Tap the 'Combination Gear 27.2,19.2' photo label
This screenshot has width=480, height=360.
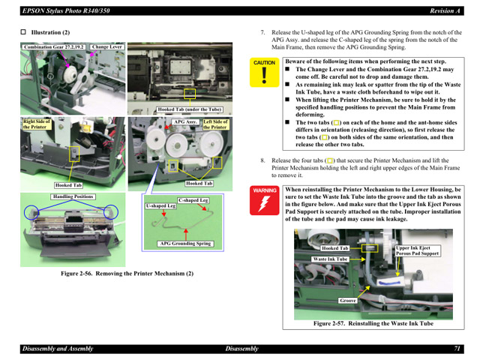[53, 47]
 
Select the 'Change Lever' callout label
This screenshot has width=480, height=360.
[106, 47]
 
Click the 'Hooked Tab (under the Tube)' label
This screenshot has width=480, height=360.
[189, 110]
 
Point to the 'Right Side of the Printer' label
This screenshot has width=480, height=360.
[37, 124]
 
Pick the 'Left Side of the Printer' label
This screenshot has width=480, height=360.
[215, 124]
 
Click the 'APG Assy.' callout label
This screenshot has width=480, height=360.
[185, 121]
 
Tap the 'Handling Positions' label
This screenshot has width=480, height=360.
[73, 196]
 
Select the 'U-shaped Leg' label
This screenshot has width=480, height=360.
[160, 205]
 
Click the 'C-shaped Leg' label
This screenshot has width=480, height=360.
[193, 200]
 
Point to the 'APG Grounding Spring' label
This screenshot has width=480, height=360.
[185, 244]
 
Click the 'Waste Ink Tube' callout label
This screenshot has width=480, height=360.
[330, 259]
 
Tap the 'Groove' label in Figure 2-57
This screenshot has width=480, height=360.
[348, 301]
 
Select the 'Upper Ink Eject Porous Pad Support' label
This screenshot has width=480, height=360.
[418, 251]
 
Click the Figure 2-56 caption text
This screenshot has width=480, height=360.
[127, 273]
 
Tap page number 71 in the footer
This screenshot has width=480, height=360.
[457, 349]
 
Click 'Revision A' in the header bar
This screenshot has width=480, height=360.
[444, 10]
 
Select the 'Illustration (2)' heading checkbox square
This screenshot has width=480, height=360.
[23, 33]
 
